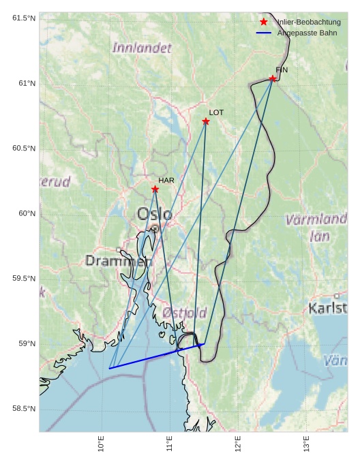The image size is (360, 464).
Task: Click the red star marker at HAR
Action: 155,189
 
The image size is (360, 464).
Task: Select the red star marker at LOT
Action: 206,121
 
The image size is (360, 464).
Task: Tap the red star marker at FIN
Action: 273,78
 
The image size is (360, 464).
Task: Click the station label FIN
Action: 282,69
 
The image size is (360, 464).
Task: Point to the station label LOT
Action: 216,112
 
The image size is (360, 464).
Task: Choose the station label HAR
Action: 166,180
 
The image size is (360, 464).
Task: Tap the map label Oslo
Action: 154,214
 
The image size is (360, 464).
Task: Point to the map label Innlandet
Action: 142,48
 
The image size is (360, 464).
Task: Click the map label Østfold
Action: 184,313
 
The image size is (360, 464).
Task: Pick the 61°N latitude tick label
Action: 24,84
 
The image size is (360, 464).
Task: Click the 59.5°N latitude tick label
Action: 24,279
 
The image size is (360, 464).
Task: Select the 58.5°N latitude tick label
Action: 24,409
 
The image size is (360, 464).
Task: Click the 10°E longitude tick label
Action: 101,444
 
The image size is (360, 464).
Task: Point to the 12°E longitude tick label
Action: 238,444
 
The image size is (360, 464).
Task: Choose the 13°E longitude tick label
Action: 306,444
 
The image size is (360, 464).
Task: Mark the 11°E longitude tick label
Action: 169,444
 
